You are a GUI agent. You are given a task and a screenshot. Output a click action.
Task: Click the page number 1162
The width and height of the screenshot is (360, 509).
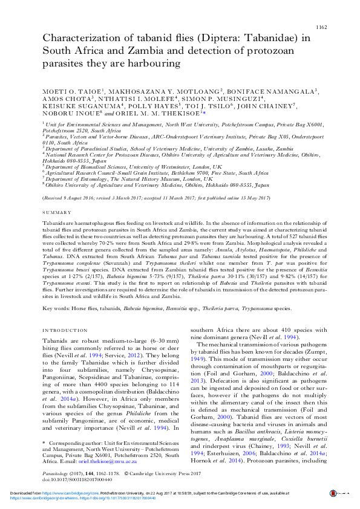[x=322, y=28]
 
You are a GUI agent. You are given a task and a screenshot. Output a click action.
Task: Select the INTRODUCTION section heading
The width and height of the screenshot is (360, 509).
[x=65, y=330]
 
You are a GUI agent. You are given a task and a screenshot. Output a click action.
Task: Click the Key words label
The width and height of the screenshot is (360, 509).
[x=56, y=308]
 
